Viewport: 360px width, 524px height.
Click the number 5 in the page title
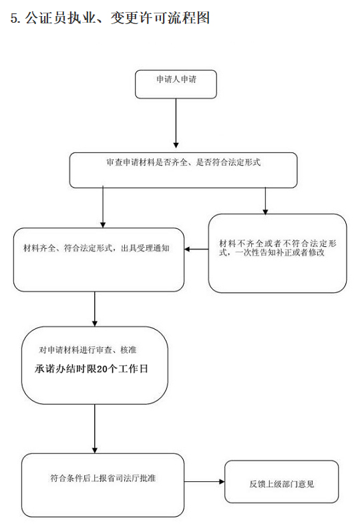14,18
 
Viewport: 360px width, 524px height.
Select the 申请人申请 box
176,84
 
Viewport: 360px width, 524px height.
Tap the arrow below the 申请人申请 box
176,123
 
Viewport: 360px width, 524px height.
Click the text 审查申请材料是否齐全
147,162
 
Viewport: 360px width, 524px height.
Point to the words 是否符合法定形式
228,162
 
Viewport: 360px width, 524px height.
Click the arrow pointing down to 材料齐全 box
103,207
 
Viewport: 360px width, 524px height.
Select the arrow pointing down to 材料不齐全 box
265,200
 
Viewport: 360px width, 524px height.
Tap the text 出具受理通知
145,248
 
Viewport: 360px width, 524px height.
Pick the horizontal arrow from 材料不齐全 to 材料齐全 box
196,249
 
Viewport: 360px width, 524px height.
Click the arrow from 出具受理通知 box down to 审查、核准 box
95,309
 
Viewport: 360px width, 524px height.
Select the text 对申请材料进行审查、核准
87,350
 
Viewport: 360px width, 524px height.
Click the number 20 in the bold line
102,368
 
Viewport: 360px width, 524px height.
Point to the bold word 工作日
133,368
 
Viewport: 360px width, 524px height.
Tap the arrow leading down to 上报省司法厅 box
95,429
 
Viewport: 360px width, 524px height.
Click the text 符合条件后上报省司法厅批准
103,478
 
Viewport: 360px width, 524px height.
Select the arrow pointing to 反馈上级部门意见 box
204,481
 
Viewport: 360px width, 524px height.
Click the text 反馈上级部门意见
281,484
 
